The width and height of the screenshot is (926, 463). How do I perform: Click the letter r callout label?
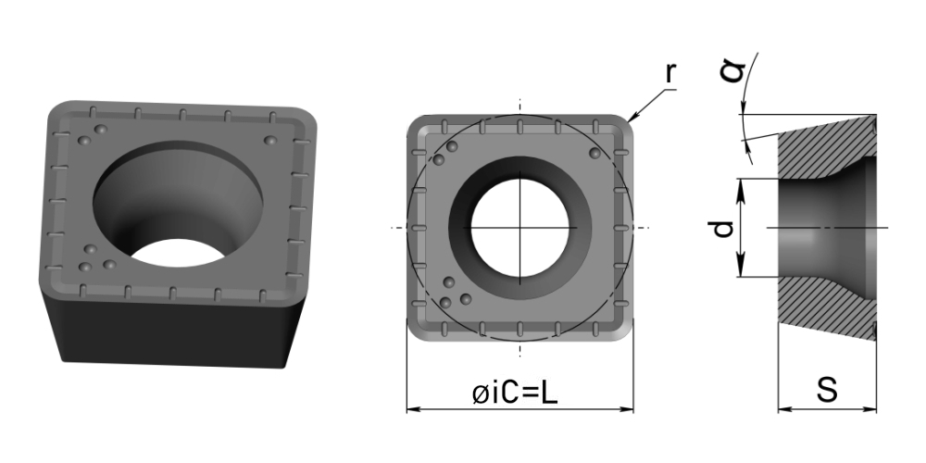click(669, 72)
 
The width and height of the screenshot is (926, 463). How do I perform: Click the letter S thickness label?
click(827, 390)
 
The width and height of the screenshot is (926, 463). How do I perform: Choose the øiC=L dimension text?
click(514, 394)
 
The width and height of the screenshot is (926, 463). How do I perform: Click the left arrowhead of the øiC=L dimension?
click(413, 408)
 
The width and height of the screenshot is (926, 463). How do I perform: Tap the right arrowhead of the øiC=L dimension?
click(627, 408)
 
